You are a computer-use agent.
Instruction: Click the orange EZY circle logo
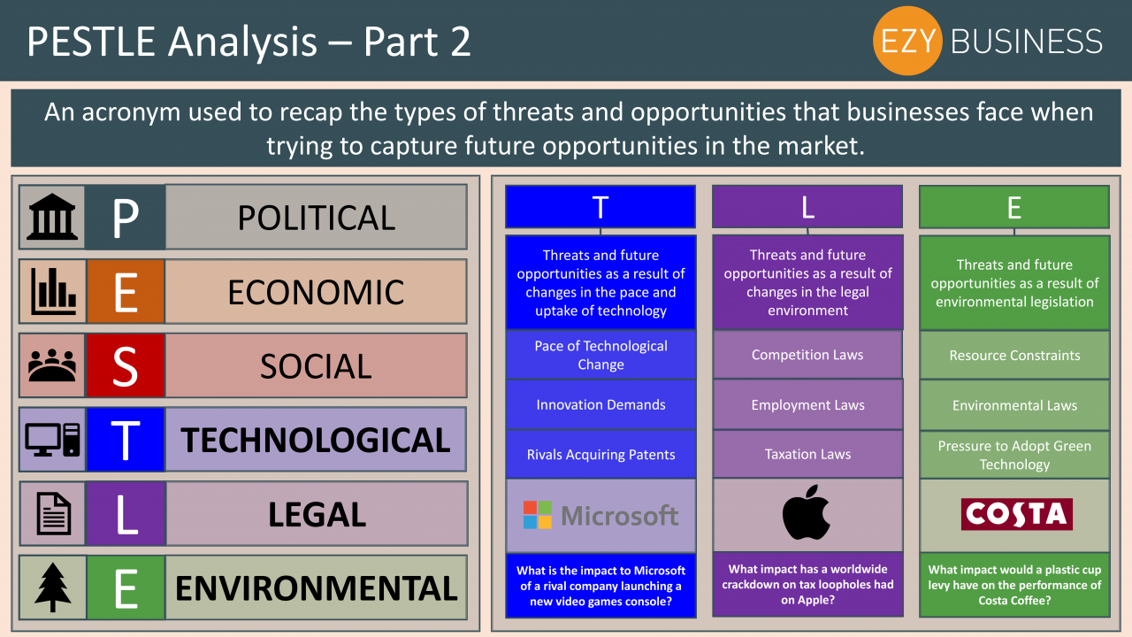(x=907, y=41)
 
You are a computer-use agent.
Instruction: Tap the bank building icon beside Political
(x=52, y=217)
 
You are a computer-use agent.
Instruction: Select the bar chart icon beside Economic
(x=53, y=291)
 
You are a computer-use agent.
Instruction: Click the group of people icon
(x=52, y=365)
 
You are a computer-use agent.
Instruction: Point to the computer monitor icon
(x=52, y=440)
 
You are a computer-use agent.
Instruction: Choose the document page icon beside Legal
(x=54, y=514)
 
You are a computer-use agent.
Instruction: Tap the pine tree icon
(x=52, y=587)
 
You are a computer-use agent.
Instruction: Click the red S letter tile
(x=126, y=365)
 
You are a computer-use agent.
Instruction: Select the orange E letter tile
(x=126, y=291)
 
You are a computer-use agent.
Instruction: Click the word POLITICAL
(x=317, y=218)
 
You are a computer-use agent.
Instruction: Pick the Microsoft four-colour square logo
(x=537, y=515)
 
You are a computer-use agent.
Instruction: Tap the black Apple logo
(x=806, y=512)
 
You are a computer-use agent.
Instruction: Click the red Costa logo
(x=1016, y=514)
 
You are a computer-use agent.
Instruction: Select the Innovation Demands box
(x=600, y=404)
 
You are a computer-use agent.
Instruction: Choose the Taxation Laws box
(x=807, y=454)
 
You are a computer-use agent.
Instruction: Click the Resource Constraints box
(x=1014, y=356)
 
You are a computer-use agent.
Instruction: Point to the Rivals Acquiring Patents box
(x=600, y=455)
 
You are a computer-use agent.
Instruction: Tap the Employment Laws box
(x=807, y=404)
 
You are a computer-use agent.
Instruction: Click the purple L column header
(x=807, y=207)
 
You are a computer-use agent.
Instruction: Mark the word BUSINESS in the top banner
(x=1027, y=42)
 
